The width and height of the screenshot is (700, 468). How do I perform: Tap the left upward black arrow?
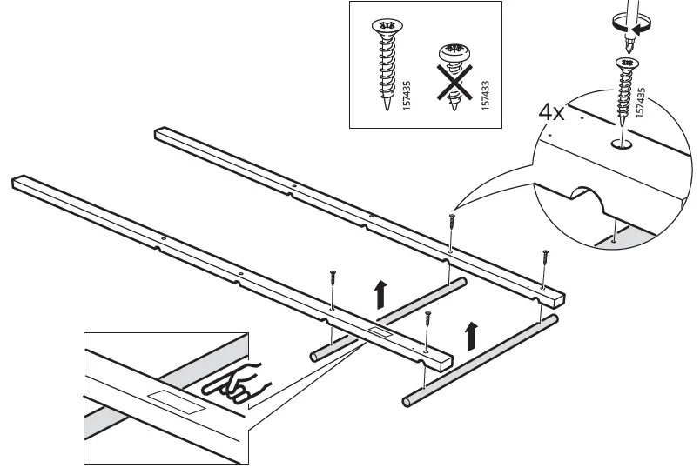[380, 295]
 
